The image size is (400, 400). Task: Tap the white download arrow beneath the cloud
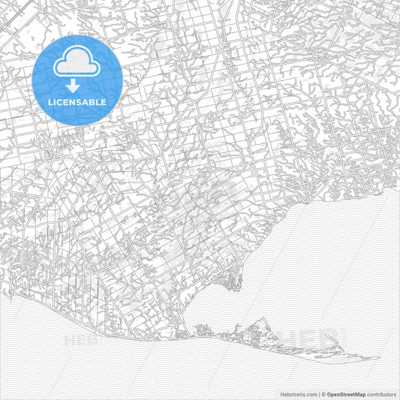77,86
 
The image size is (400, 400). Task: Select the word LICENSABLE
77,101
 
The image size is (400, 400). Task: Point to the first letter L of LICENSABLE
50,101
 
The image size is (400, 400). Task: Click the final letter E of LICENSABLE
104,101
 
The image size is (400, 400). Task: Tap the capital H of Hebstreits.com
281,393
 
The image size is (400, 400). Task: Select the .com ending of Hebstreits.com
311,393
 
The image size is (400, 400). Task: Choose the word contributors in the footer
381,393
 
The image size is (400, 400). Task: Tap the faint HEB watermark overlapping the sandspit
304,338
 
